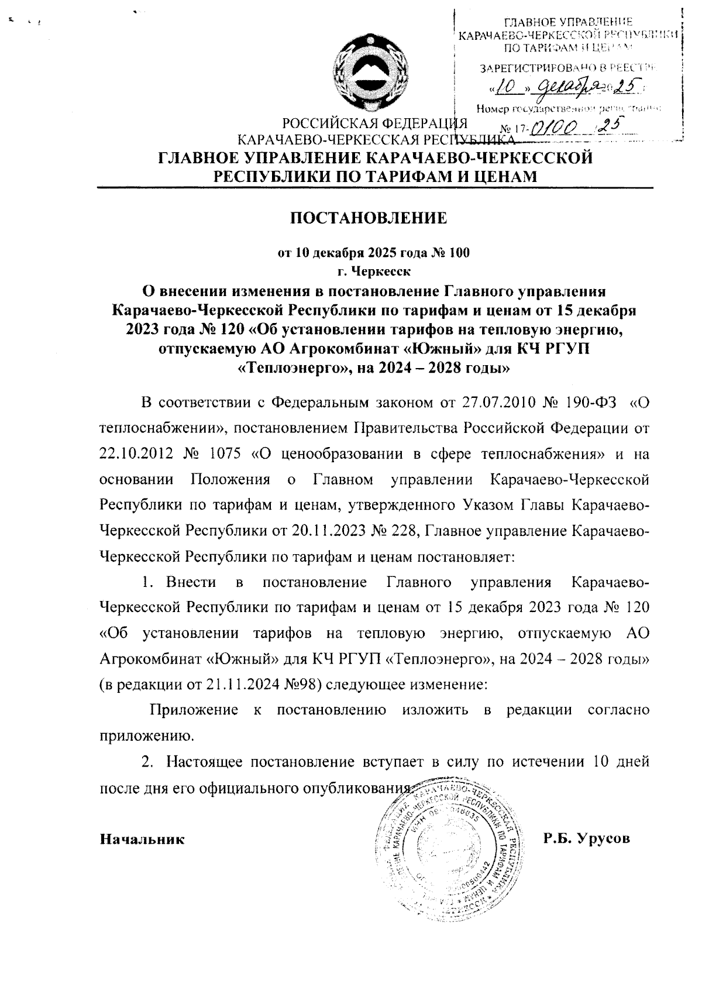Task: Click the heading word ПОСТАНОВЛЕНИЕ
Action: [369, 218]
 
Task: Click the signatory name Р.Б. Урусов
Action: [586, 839]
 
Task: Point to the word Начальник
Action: [142, 839]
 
